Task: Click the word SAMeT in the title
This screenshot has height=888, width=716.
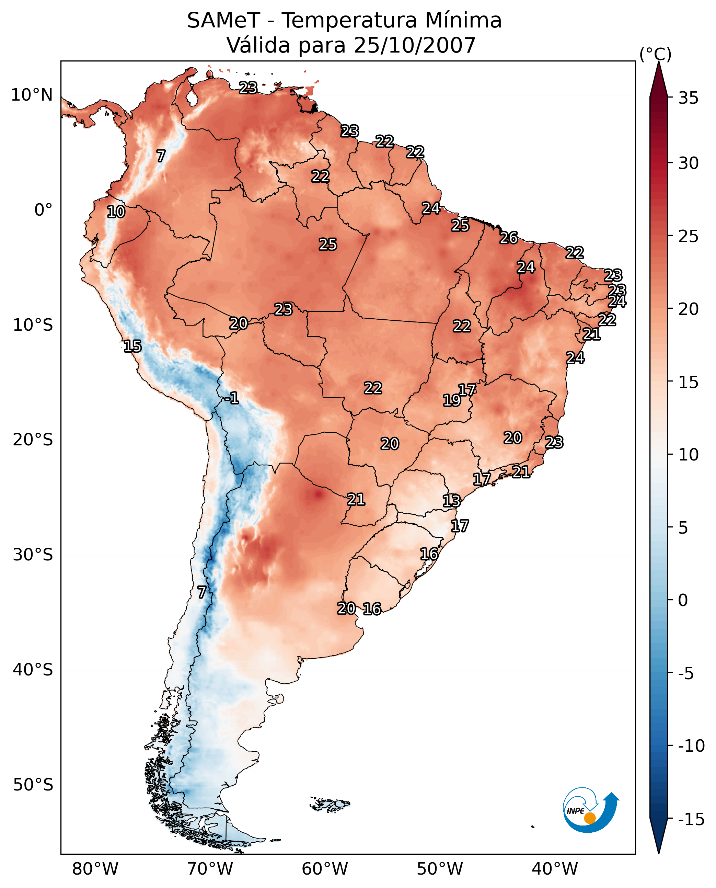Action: click(223, 21)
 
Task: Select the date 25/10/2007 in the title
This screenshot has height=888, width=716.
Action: click(415, 45)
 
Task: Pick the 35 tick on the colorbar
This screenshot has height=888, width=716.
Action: click(688, 98)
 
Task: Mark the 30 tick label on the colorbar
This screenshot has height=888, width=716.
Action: click(688, 163)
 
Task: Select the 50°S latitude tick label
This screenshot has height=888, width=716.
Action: click(33, 785)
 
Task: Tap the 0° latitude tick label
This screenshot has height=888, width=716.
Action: click(43, 210)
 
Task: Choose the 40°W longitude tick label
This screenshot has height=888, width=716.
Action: click(555, 869)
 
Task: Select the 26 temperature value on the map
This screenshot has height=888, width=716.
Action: click(509, 238)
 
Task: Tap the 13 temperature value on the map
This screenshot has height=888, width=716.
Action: click(451, 501)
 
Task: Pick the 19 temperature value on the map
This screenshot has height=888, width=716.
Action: click(452, 400)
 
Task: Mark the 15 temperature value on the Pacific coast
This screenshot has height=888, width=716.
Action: click(132, 346)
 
